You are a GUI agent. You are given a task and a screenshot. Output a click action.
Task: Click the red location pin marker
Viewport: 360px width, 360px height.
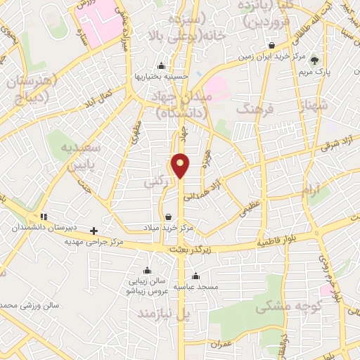pos(181,165)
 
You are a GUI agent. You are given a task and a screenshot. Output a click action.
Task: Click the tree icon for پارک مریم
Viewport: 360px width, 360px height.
pos(314,60)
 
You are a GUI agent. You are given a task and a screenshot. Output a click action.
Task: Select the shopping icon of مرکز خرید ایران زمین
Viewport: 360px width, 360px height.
pos(271,46)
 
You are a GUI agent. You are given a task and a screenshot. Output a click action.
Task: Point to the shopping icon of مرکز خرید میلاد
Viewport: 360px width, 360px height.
pos(167,217)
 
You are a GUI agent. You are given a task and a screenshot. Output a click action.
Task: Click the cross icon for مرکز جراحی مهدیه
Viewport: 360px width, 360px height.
pos(94,230)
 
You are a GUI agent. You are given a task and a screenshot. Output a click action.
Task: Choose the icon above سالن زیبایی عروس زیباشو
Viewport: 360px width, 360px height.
pos(146,271)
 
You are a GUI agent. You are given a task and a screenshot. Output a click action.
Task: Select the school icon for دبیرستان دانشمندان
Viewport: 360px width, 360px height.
pos(44,217)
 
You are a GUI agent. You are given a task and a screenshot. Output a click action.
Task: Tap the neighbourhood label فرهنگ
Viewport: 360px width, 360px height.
pos(255,109)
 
